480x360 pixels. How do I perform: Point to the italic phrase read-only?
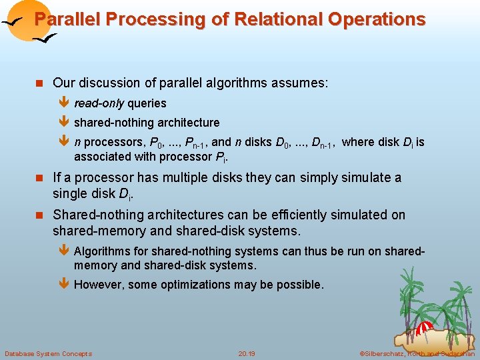[99, 103]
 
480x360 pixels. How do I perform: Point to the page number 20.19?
[247, 353]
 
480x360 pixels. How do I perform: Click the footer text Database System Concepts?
[48, 353]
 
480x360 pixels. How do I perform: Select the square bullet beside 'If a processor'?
[40, 178]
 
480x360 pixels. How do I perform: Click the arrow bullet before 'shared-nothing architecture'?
[64, 123]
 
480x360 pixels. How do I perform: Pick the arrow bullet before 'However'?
[64, 285]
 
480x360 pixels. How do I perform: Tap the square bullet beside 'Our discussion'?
[40, 83]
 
